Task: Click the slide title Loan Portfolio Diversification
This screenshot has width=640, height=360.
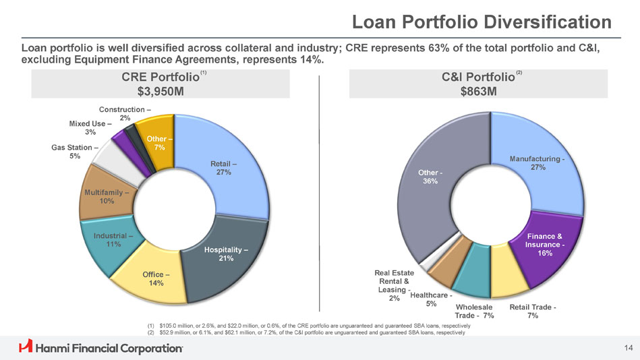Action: (x=482, y=22)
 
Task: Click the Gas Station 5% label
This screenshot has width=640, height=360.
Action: (x=75, y=152)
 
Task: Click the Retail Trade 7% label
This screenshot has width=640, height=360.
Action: (x=532, y=311)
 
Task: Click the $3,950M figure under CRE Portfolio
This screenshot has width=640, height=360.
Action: (x=160, y=92)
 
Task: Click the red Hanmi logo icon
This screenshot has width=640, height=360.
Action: (x=26, y=347)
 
